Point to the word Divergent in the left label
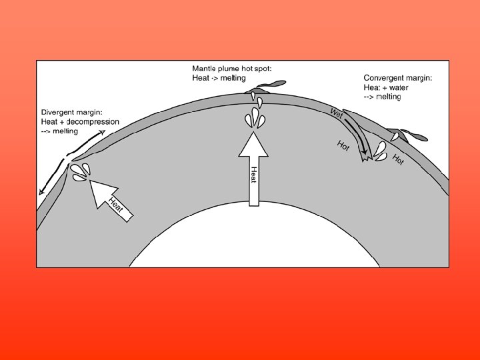[58, 112]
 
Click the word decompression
[94, 122]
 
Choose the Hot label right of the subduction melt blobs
[398, 159]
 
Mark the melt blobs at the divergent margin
[81, 172]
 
